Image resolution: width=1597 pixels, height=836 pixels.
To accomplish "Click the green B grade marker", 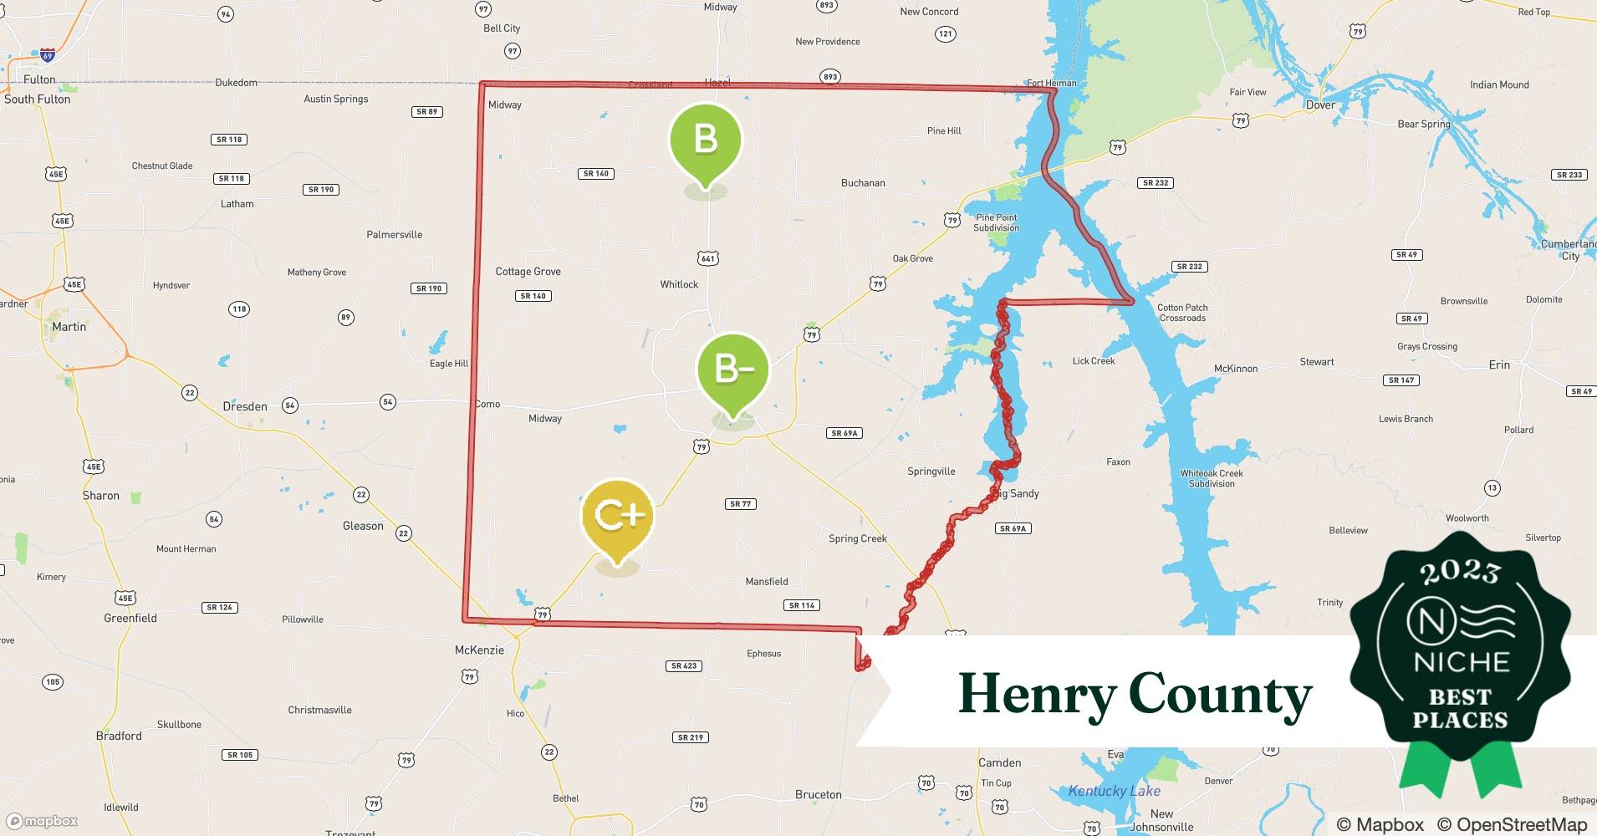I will (706, 140).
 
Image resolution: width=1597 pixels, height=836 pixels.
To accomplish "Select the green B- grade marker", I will (732, 370).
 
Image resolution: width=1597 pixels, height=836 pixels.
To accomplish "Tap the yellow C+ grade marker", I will (617, 516).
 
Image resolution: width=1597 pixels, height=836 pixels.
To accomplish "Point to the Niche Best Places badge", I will (1461, 660).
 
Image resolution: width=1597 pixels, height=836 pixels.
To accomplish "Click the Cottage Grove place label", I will (528, 272).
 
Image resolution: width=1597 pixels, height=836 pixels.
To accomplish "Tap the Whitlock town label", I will (679, 285).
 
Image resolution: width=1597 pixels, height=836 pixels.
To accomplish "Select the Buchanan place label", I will (863, 183).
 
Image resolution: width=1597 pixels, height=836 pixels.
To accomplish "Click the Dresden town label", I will (245, 407).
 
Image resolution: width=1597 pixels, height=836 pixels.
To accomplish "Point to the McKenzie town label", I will (479, 650).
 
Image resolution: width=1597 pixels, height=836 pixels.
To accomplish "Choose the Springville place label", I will (931, 472).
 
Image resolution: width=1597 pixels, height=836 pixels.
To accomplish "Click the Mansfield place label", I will (767, 582).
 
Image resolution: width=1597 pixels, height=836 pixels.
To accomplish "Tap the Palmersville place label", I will (394, 235).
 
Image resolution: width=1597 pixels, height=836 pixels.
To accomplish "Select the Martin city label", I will (69, 327).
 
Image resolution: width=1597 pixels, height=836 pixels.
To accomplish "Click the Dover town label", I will (1320, 105).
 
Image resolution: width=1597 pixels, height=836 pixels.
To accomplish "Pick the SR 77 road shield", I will (741, 504).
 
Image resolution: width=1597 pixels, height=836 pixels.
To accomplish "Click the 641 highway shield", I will (708, 258).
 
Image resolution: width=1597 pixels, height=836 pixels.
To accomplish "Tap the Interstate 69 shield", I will (48, 55).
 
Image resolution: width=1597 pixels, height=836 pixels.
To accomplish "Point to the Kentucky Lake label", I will (1114, 791).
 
